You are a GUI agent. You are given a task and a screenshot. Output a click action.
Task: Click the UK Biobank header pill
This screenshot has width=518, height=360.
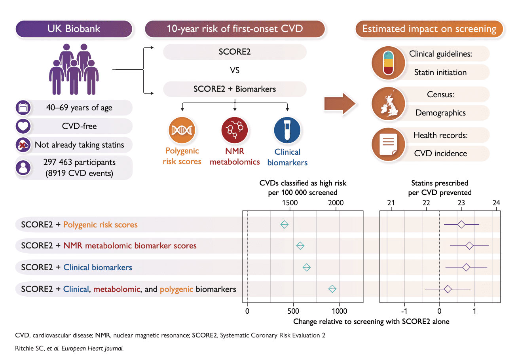[74, 29]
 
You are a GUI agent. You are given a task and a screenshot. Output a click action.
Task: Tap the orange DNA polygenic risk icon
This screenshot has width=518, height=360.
[182, 130]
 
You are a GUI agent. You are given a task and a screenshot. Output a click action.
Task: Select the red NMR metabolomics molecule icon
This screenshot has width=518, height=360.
[235, 130]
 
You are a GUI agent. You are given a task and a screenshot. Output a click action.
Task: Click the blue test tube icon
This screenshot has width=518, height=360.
[287, 130]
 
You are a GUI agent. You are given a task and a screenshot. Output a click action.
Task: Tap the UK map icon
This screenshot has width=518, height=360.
[388, 104]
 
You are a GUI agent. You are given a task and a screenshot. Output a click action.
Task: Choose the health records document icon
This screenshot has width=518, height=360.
[388, 145]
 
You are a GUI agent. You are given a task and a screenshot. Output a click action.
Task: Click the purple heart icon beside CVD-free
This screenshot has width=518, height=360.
[23, 126]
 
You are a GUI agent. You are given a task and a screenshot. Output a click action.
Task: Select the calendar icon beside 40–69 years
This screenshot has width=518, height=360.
[23, 108]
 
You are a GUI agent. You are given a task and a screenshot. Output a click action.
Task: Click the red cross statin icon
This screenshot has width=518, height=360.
[23, 145]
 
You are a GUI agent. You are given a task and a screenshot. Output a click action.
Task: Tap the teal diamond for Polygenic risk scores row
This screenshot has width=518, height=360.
[284, 225]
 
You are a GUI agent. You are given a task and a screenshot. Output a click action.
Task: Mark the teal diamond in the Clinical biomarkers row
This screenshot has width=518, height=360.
[307, 268]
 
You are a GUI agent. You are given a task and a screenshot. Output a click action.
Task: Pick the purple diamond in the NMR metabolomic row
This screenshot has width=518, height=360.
[469, 246]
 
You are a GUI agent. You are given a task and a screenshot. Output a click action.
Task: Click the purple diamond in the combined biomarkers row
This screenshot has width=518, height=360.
[448, 289]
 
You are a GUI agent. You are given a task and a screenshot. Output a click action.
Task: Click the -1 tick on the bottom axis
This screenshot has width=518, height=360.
[404, 311]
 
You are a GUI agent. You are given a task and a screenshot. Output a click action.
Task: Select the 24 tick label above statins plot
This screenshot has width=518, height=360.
[496, 203]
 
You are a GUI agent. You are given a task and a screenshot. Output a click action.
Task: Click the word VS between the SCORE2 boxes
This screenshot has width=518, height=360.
[235, 71]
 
